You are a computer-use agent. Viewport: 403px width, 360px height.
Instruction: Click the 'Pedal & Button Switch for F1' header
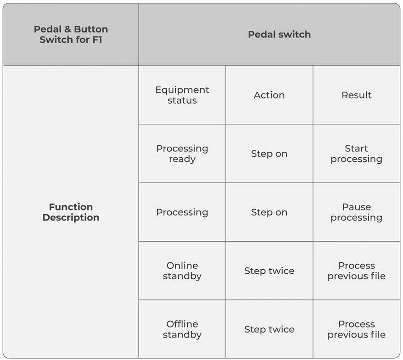pyautogui.click(x=71, y=34)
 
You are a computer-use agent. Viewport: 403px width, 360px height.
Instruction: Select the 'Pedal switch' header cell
pyautogui.click(x=279, y=34)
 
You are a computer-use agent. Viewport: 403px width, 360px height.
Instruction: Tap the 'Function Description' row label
pyautogui.click(x=71, y=212)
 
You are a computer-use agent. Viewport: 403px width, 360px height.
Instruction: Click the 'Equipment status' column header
pyautogui.click(x=182, y=95)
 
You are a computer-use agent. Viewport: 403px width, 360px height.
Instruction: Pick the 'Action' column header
pyautogui.click(x=269, y=95)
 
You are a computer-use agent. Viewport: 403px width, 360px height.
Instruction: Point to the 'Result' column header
pyautogui.click(x=356, y=95)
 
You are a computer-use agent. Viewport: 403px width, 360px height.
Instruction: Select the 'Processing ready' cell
pyautogui.click(x=182, y=154)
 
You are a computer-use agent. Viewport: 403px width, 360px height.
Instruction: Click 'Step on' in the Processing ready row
pyautogui.click(x=269, y=154)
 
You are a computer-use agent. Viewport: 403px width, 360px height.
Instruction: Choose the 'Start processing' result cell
pyautogui.click(x=356, y=154)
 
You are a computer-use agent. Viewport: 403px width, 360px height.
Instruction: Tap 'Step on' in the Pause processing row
pyautogui.click(x=269, y=212)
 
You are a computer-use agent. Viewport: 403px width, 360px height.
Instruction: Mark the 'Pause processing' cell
pyautogui.click(x=356, y=212)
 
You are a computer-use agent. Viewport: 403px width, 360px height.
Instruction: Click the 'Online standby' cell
pyautogui.click(x=182, y=271)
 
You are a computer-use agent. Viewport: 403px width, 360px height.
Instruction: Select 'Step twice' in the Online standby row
pyautogui.click(x=269, y=271)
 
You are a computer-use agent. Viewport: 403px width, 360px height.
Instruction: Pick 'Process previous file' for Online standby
pyautogui.click(x=356, y=271)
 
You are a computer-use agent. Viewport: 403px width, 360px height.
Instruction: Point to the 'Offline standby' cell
pyautogui.click(x=182, y=329)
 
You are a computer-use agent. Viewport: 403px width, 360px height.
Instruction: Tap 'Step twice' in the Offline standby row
pyautogui.click(x=269, y=329)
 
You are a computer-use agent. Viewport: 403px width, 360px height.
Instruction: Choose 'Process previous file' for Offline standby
pyautogui.click(x=356, y=329)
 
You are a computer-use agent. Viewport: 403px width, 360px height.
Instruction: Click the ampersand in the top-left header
pyautogui.click(x=67, y=29)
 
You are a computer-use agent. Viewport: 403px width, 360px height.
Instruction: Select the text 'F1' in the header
pyautogui.click(x=97, y=39)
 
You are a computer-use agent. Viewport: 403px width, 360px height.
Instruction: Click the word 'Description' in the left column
pyautogui.click(x=71, y=217)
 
